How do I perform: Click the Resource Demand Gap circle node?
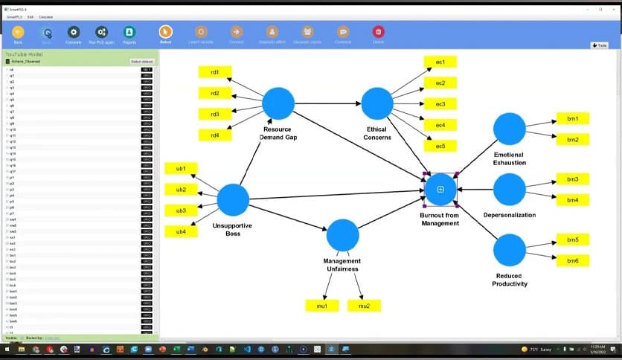click(x=278, y=103)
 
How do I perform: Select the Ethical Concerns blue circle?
click(x=376, y=103)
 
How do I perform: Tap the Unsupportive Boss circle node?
click(x=233, y=200)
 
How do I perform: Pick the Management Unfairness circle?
click(x=342, y=235)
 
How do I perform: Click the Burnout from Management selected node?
click(x=440, y=190)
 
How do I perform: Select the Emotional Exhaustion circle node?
click(x=509, y=129)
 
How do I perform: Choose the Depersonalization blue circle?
click(x=509, y=190)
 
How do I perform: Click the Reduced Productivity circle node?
click(x=509, y=250)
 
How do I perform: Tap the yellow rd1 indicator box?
click(x=215, y=72)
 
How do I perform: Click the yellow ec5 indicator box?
click(x=440, y=146)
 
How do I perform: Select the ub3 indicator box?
click(x=181, y=210)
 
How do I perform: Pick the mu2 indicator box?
click(x=364, y=306)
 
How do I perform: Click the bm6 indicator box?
click(x=573, y=260)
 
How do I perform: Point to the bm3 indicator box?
click(x=573, y=179)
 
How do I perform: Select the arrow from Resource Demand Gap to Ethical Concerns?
click(x=327, y=103)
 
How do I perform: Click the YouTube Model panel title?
click(x=24, y=54)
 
